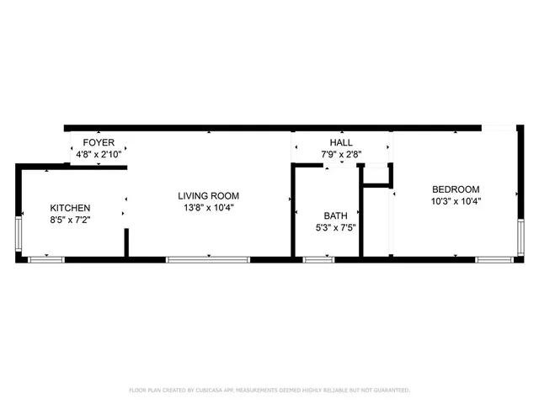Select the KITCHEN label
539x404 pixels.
(70, 208)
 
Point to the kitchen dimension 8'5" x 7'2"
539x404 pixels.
(70, 220)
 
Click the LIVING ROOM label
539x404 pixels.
(208, 196)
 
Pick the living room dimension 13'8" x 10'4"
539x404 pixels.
(208, 208)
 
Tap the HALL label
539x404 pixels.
(341, 144)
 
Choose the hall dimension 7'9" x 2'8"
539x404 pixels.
(341, 156)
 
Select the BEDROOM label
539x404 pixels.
(456, 189)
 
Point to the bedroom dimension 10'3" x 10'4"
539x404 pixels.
(456, 201)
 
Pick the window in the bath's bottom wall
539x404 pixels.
(318, 259)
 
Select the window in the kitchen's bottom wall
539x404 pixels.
(47, 259)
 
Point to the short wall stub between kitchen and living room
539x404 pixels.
(126, 241)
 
